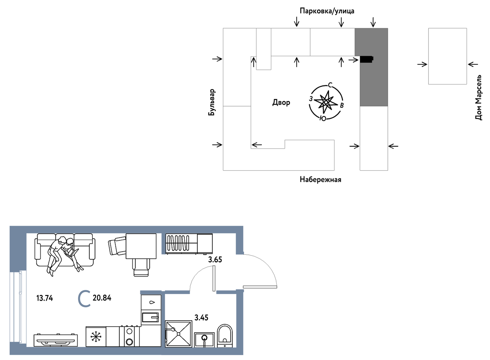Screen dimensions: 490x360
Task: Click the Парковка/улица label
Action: pyautogui.click(x=327, y=11)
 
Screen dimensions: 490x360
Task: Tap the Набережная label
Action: pyautogui.click(x=320, y=180)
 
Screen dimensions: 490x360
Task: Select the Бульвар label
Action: pyautogui.click(x=212, y=102)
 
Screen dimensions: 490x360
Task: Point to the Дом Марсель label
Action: pyautogui.click(x=479, y=97)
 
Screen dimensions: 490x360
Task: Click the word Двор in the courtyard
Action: pyautogui.click(x=281, y=102)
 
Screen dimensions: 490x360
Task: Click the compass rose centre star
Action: pyautogui.click(x=326, y=102)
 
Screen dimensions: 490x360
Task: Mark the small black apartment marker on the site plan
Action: pyautogui.click(x=367, y=59)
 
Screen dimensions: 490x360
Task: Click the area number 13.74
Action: pyautogui.click(x=45, y=298)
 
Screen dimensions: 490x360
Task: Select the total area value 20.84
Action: pyautogui.click(x=102, y=298)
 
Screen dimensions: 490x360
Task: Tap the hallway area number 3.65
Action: pyautogui.click(x=215, y=260)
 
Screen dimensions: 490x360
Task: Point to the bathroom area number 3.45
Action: pyautogui.click(x=201, y=317)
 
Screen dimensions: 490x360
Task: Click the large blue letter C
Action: pyautogui.click(x=84, y=299)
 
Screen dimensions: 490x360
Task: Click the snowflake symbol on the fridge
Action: pyautogui.click(x=96, y=336)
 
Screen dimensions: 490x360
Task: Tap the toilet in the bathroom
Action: pyautogui.click(x=225, y=336)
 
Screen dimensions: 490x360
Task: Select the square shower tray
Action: pyautogui.click(x=179, y=334)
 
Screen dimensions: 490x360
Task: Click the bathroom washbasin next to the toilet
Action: pyautogui.click(x=204, y=340)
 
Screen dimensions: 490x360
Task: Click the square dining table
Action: pyautogui.click(x=141, y=246)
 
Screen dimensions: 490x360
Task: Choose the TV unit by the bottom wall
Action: pyautogui.click(x=56, y=340)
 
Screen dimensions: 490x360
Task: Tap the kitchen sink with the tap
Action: pyautogui.click(x=151, y=317)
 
